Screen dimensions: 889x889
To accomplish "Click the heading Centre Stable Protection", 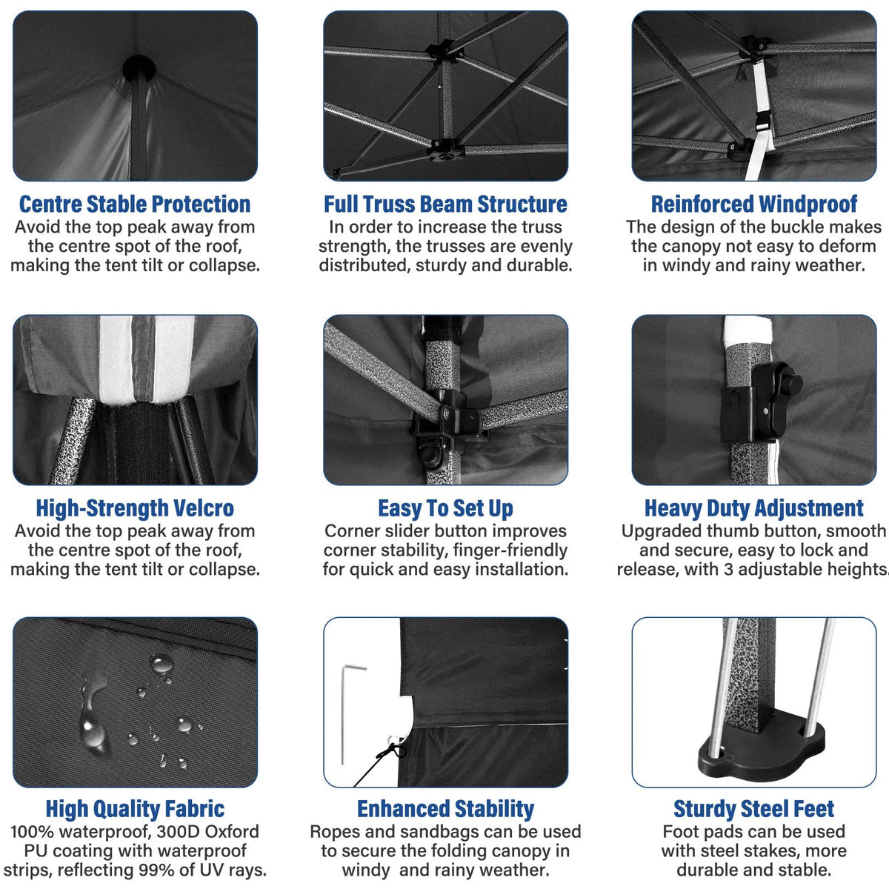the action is point(135,204).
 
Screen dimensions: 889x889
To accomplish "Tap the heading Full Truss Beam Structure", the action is point(445,204).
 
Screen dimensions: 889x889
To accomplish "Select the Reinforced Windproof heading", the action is point(754,204).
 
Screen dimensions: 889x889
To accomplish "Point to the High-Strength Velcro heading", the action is point(135,508).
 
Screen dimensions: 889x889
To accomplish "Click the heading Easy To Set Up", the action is point(445,508).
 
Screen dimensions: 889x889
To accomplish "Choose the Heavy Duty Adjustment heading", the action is point(754,508).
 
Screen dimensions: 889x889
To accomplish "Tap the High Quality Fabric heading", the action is point(135,809).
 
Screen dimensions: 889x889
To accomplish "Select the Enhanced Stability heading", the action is point(445,809).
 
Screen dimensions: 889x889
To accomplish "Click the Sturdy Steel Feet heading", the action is point(754,809).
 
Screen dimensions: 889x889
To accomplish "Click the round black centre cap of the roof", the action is point(139,70).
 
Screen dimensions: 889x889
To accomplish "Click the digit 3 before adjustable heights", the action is point(728,569).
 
